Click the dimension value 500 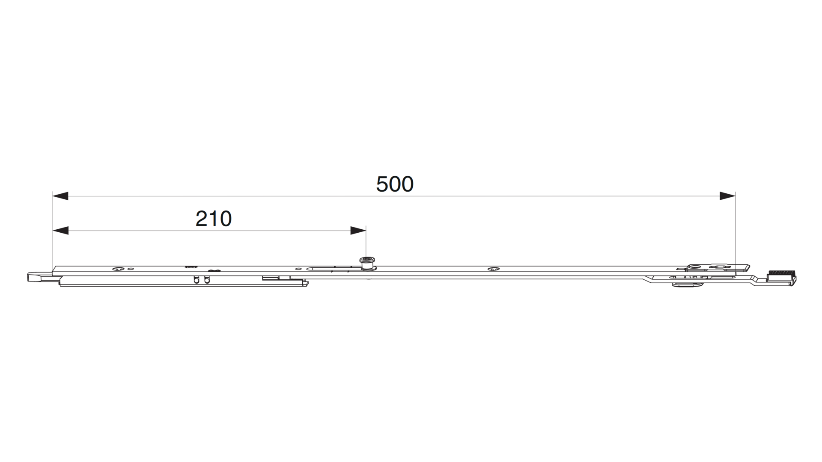(x=395, y=184)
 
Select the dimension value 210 (x=214, y=219)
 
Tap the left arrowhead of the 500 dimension (x=60, y=196)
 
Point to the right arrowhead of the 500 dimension (x=727, y=196)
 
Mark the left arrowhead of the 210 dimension (x=60, y=231)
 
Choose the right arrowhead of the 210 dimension (x=358, y=231)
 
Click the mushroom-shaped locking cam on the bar (x=366, y=264)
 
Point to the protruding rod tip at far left (x=39, y=276)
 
